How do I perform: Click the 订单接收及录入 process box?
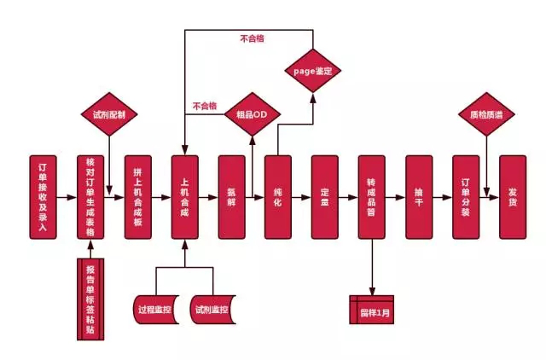coord(43,196)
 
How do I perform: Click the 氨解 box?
coord(231,196)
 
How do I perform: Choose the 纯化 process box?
coord(278,196)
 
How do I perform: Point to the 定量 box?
coord(325,196)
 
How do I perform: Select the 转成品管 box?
coord(372,196)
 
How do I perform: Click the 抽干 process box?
coord(419,196)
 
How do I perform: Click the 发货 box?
coord(512,196)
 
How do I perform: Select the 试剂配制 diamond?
coord(109,114)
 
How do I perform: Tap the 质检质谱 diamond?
coord(485,114)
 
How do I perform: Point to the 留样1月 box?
coord(372,308)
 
